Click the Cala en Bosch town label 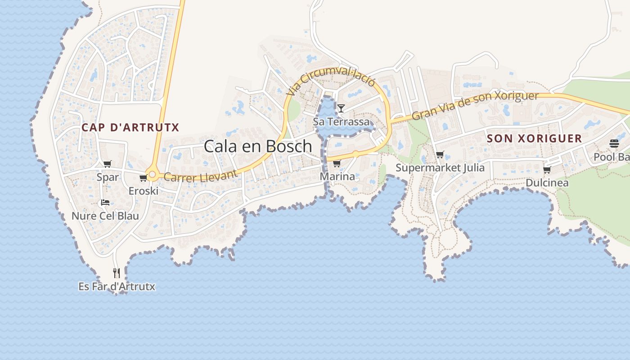click(257, 146)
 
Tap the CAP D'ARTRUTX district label click(130, 127)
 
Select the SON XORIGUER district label click(535, 138)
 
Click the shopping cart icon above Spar click(107, 164)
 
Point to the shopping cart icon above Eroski click(143, 178)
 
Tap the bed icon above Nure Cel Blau click(105, 202)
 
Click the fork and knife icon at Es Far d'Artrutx click(117, 273)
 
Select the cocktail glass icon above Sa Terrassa click(341, 108)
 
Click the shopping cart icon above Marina click(337, 163)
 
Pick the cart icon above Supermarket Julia click(440, 155)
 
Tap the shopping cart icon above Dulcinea click(547, 170)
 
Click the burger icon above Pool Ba click(614, 144)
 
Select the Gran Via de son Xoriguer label click(475, 105)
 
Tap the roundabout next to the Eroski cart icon click(153, 175)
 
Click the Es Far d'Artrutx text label click(117, 286)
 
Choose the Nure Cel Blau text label click(105, 216)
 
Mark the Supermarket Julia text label click(440, 168)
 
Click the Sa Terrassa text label click(341, 121)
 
